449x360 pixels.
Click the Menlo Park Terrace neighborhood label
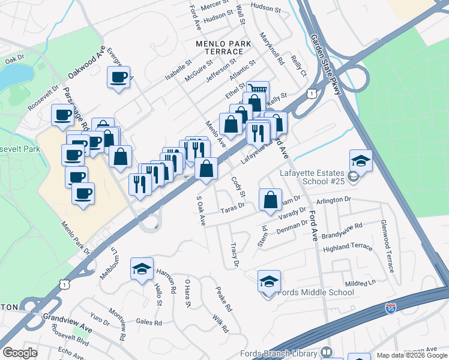point(219,47)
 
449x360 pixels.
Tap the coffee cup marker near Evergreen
point(118,77)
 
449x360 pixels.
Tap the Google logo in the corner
point(20,353)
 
